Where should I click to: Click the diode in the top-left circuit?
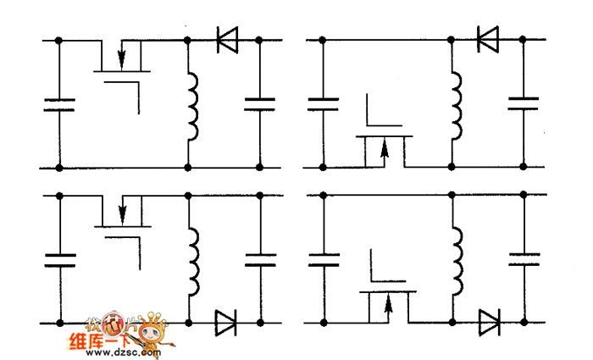[x=226, y=40]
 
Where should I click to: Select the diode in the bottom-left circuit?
[x=226, y=322]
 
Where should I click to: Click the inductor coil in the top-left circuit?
[x=192, y=106]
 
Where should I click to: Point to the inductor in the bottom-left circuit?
[x=193, y=258]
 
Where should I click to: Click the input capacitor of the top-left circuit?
[x=58, y=105]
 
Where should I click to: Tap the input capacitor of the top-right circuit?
[x=322, y=103]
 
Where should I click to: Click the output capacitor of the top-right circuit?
[x=523, y=103]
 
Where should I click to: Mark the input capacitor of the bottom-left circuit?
[x=58, y=259]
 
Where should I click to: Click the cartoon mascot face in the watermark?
[x=152, y=329]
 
